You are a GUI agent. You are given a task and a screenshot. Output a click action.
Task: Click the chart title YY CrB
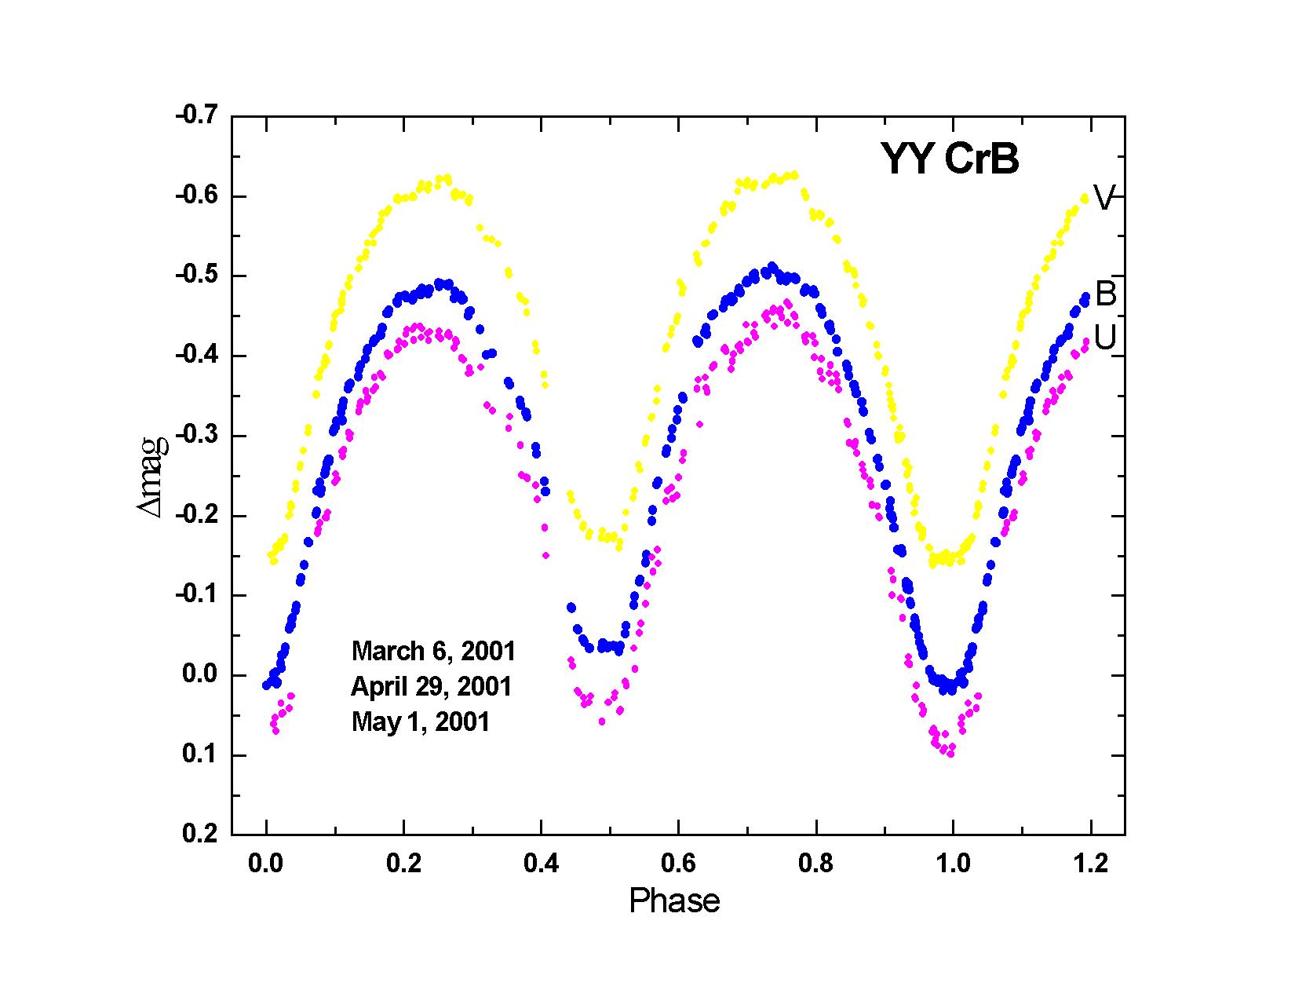click(x=949, y=159)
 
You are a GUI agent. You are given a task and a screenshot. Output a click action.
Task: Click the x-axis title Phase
click(x=674, y=901)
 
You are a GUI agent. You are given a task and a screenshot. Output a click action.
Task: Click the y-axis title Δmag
click(x=154, y=476)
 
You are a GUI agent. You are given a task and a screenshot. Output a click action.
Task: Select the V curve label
click(x=1103, y=199)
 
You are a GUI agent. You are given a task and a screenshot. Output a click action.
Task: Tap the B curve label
click(x=1105, y=294)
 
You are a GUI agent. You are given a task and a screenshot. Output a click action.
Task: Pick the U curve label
click(x=1105, y=338)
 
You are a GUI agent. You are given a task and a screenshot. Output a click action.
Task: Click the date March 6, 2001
click(x=433, y=651)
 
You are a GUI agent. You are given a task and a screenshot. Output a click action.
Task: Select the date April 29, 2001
click(x=431, y=686)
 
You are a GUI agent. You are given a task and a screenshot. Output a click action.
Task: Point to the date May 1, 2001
click(x=420, y=722)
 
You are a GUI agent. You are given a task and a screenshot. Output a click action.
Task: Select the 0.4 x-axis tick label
click(x=541, y=864)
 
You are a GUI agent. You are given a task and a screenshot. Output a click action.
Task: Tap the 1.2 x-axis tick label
click(x=1090, y=864)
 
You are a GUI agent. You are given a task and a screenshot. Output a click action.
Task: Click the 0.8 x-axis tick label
click(x=815, y=864)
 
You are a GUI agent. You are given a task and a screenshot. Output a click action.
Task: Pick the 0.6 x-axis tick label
click(x=678, y=864)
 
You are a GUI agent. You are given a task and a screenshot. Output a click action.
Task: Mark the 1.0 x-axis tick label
click(x=953, y=864)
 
